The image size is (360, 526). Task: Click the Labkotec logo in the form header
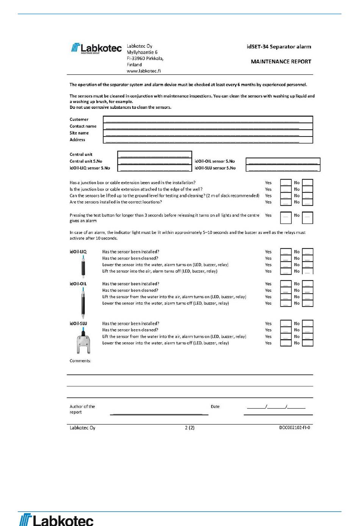point(96,48)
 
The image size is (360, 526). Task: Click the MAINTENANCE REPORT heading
point(281,61)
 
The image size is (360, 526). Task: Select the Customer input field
point(208,119)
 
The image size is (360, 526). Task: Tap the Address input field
point(208,140)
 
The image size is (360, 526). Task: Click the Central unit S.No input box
point(155,161)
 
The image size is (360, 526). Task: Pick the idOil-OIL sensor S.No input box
point(283,161)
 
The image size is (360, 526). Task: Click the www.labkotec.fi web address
point(144,71)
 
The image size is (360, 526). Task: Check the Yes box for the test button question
point(286,218)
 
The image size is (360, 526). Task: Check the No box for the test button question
point(307,218)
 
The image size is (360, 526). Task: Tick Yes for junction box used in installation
point(286,183)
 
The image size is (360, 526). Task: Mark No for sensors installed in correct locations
point(307,202)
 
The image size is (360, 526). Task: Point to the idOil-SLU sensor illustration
point(83,341)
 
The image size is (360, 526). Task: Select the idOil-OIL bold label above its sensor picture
point(78,284)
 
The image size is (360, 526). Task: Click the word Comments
point(80,361)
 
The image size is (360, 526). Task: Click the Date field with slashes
point(276,407)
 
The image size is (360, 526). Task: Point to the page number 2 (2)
point(189,428)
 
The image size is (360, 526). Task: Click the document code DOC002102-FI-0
point(294,428)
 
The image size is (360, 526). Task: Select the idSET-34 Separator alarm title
point(279,47)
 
